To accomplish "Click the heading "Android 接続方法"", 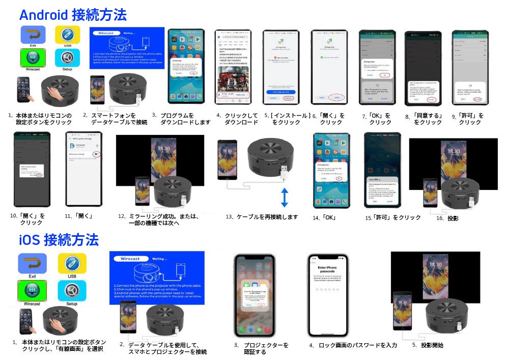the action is tap(73, 14).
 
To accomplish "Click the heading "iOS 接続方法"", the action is tap(59, 239).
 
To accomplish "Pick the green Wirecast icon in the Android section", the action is tap(33, 58).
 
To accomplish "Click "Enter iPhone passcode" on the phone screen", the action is tap(327, 270).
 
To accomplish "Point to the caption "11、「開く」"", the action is tap(78, 216).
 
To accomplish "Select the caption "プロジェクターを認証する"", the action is tap(262, 348).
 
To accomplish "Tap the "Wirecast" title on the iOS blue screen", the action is tap(130, 259).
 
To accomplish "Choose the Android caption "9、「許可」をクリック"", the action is tap(468, 119).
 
